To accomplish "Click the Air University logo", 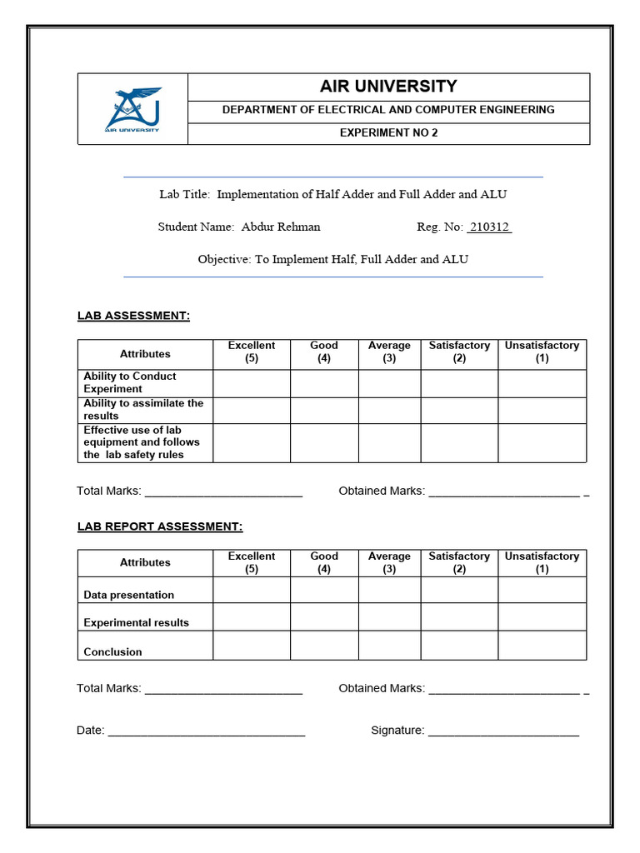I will tap(133, 109).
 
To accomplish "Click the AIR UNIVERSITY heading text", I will tap(388, 87).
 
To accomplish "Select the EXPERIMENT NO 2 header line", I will tap(388, 133).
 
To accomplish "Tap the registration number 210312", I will tap(489, 227).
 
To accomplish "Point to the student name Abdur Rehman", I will tap(280, 227).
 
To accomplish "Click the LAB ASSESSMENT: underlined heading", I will tap(133, 316).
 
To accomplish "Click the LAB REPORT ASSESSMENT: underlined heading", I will tap(160, 526).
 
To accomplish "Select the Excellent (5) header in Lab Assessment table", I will tap(252, 352).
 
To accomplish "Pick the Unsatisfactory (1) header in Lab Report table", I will tap(542, 562).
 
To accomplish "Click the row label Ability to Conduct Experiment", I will tap(130, 382).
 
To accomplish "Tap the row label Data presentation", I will tap(129, 595).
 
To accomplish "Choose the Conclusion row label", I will tap(112, 651).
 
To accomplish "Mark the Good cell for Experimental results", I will tap(324, 617).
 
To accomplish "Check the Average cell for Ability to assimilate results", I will tap(389, 410).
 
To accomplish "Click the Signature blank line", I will tap(503, 731).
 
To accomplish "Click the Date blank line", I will tap(207, 731).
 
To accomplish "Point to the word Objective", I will tap(224, 259).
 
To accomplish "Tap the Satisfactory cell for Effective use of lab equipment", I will tap(459, 442).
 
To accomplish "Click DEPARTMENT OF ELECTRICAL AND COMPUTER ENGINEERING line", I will tap(388, 110).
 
